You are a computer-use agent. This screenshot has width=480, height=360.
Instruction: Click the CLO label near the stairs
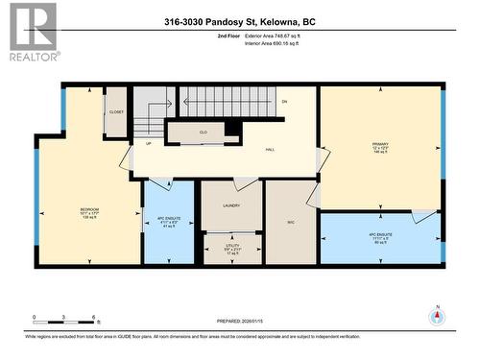tap(204, 132)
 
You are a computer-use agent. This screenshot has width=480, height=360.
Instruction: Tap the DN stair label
tap(284, 102)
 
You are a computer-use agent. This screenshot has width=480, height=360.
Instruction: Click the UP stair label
tap(148, 144)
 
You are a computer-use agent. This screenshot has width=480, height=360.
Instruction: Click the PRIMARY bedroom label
tap(379, 146)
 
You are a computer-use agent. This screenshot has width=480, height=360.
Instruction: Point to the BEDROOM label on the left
tap(89, 210)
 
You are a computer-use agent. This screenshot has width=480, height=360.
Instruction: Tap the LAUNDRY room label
tap(229, 205)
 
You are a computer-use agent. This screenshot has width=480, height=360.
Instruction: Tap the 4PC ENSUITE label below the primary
tap(379, 236)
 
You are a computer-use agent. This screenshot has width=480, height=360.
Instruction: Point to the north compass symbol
tap(436, 318)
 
